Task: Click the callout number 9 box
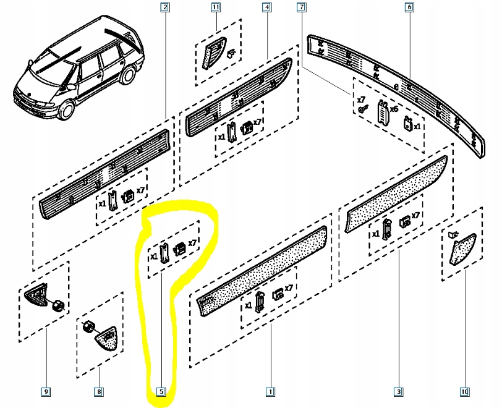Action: click(46, 391)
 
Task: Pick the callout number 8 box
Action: click(98, 391)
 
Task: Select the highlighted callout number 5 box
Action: click(161, 391)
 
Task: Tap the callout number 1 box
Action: click(270, 391)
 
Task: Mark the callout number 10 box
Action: click(464, 391)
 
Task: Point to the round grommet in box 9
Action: click(57, 305)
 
